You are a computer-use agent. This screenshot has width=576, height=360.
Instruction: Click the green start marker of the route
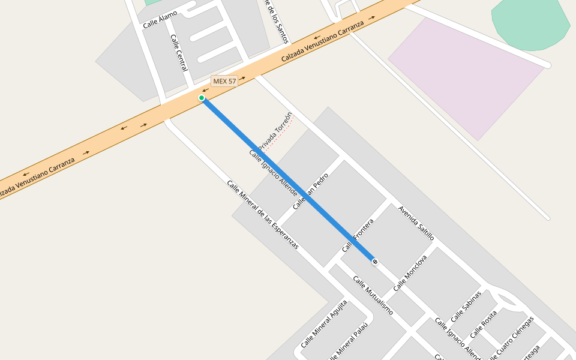(x=202, y=98)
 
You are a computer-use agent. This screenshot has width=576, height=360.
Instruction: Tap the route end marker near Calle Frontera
(x=375, y=262)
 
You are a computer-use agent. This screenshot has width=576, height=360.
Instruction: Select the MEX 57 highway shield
(x=224, y=81)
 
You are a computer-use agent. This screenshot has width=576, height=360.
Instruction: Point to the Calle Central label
(x=179, y=53)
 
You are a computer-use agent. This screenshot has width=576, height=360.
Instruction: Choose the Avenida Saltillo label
(x=416, y=223)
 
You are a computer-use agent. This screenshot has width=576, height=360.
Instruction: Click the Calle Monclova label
(x=410, y=274)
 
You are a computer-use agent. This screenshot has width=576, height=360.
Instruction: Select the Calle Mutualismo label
(x=373, y=295)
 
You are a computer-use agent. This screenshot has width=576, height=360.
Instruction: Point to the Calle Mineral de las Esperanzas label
(x=262, y=214)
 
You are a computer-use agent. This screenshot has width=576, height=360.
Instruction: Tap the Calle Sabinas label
(x=466, y=306)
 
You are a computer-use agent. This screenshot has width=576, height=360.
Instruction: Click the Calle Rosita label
(x=484, y=324)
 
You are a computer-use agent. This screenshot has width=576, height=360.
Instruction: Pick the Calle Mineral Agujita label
(x=324, y=324)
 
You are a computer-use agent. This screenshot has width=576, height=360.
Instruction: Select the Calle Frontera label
(x=358, y=236)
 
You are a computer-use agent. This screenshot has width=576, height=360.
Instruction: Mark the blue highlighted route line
(x=288, y=180)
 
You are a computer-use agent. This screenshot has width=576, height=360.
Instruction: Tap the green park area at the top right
(x=531, y=24)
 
